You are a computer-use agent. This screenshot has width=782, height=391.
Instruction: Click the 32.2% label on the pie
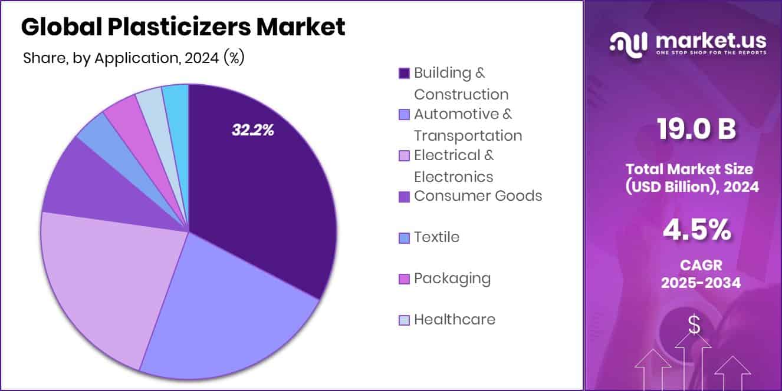click(x=252, y=131)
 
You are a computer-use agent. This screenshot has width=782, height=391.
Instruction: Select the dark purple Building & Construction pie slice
click(x=259, y=194)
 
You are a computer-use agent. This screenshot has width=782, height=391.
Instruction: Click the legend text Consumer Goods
click(x=478, y=196)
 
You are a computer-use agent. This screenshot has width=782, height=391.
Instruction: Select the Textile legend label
click(x=436, y=237)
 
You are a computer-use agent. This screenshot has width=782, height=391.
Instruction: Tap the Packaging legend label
click(x=452, y=279)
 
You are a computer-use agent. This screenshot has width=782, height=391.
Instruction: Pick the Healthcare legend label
click(x=454, y=320)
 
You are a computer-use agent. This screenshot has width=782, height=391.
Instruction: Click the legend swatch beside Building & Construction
click(x=404, y=74)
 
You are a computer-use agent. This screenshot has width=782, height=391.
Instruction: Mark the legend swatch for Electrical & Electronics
click(x=404, y=156)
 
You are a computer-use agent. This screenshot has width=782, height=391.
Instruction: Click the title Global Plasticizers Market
click(x=183, y=27)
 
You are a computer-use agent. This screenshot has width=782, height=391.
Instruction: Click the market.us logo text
click(x=710, y=41)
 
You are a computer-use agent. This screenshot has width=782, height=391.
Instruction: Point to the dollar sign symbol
click(x=695, y=324)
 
